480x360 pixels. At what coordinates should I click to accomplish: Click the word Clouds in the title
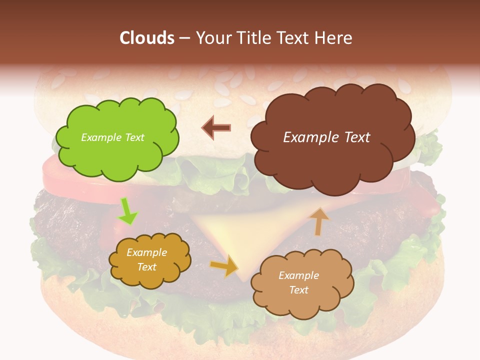point(147,38)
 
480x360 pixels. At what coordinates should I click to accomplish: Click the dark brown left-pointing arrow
point(216,127)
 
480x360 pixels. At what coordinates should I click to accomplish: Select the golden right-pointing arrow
point(224,266)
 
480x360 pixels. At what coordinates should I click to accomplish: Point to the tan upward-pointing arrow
point(319,221)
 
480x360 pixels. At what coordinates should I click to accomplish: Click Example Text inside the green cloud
point(112,137)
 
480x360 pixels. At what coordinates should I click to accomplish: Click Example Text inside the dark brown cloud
point(326,137)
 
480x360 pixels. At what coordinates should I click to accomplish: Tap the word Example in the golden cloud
point(146,252)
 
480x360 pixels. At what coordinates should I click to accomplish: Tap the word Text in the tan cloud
point(298,290)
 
